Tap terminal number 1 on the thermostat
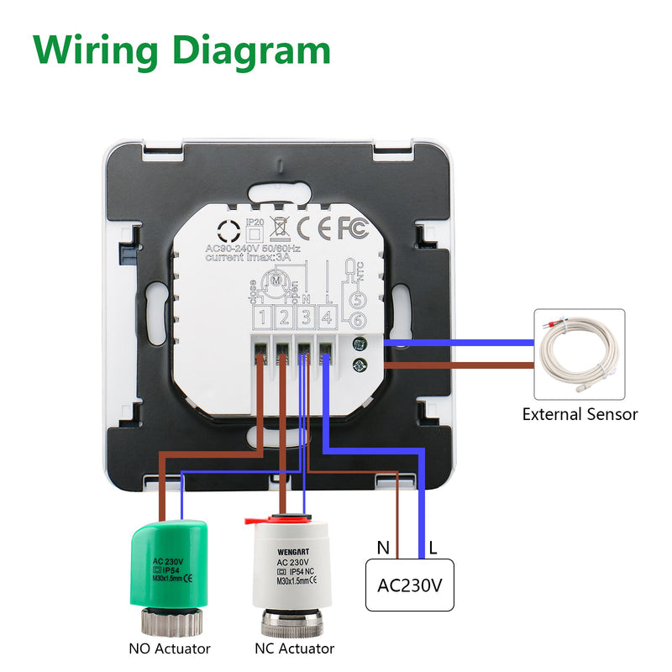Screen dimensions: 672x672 [264, 318]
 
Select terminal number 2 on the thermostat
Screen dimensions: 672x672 [285, 318]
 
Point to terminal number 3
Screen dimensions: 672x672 [307, 318]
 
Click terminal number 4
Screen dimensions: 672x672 [328, 318]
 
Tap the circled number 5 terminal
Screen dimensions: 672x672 [357, 299]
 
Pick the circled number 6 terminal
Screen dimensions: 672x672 [357, 319]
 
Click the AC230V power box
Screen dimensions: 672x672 [409, 585]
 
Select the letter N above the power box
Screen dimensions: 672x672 [383, 549]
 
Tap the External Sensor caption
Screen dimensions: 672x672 [580, 414]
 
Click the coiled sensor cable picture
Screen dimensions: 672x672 [579, 354]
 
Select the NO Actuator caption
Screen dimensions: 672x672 [170, 648]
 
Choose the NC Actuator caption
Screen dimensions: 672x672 [294, 648]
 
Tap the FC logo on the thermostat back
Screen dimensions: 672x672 [353, 228]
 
